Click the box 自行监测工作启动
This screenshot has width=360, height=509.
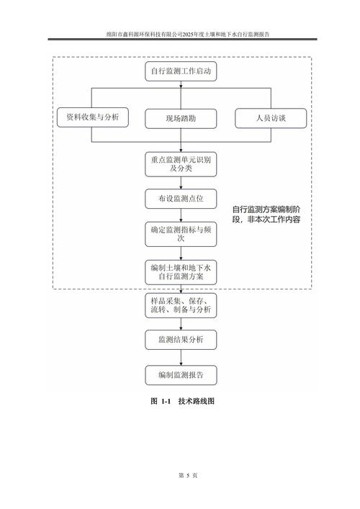coord(180,72)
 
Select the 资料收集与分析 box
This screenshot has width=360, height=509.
coord(89,116)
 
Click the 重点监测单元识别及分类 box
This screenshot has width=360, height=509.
coord(180,164)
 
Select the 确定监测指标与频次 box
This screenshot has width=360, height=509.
coord(180,235)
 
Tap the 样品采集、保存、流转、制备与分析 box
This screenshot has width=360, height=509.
coord(180,305)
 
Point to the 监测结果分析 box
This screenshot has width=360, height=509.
coord(180,340)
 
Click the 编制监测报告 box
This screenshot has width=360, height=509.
coord(180,374)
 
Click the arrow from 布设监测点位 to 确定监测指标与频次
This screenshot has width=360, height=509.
coord(180,216)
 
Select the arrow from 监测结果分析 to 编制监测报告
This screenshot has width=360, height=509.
coord(180,357)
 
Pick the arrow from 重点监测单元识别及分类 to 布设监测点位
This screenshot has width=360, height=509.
coord(180,182)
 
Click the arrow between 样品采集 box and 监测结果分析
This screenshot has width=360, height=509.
coord(180,323)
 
